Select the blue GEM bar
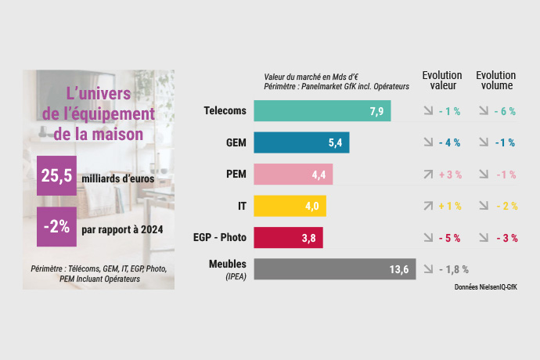pos(302,142)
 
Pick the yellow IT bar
pos(290,206)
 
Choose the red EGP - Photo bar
pos(289,238)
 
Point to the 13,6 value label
pos(399,269)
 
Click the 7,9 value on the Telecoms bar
pos(376,111)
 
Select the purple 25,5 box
pos(56,178)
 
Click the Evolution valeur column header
pos(441,81)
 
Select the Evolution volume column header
pos(496,81)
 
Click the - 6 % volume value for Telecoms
pos(505,111)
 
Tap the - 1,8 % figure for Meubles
pos(453,269)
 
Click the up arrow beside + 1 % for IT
pos(427,206)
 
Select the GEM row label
pos(232,142)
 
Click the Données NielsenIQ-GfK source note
pos(485,287)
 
